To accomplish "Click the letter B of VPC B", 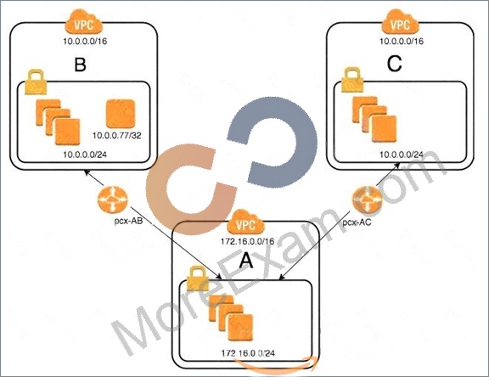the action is click(80, 65).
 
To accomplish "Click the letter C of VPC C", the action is click(394, 64).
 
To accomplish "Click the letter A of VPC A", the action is click(246, 261).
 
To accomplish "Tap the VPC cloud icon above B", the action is click(83, 22).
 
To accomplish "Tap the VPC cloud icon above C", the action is click(401, 22).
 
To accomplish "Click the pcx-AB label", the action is click(128, 221).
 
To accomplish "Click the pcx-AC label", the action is click(357, 222).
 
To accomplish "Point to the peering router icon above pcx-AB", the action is click(113, 200).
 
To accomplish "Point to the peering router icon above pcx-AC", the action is click(368, 200).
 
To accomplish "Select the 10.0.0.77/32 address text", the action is click(117, 135).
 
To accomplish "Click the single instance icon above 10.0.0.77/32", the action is click(121, 114).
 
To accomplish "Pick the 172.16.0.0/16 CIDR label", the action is click(248, 241).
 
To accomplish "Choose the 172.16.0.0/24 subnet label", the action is click(248, 353).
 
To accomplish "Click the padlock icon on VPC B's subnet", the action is click(36, 82).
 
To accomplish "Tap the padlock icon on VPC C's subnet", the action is click(352, 80).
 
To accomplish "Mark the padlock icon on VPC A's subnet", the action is click(197, 279).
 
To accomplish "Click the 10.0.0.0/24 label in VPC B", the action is click(85, 155).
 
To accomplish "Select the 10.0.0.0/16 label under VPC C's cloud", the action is click(402, 41).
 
